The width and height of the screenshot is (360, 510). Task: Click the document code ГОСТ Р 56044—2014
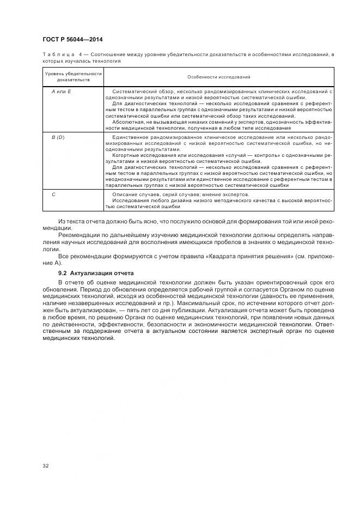(72, 40)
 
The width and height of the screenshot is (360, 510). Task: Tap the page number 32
(45, 465)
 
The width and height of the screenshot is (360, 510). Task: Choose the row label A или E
(58, 91)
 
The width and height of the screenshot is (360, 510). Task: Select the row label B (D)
(58, 137)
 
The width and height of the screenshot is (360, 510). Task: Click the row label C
(53, 194)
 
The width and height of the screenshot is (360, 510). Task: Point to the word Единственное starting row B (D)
(130, 137)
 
